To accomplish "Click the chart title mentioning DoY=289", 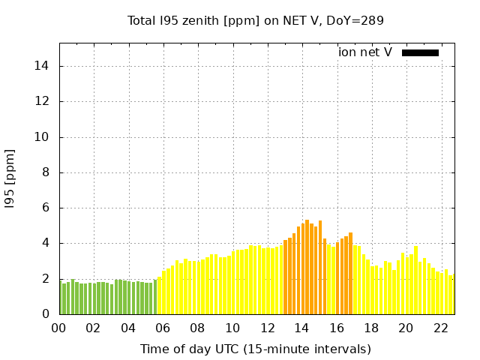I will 256,20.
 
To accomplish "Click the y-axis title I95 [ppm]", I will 10,178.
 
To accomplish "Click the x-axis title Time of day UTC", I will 256,349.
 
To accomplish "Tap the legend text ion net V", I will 365,52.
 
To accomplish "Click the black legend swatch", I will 420,52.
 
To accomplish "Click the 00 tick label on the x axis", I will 58,328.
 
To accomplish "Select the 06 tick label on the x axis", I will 163,328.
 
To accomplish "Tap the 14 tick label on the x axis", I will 301,328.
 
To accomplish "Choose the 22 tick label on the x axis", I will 440,328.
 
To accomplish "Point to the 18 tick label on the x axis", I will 371,328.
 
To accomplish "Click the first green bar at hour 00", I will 61,297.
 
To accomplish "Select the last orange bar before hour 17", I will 350,274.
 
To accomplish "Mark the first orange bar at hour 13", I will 286,277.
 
